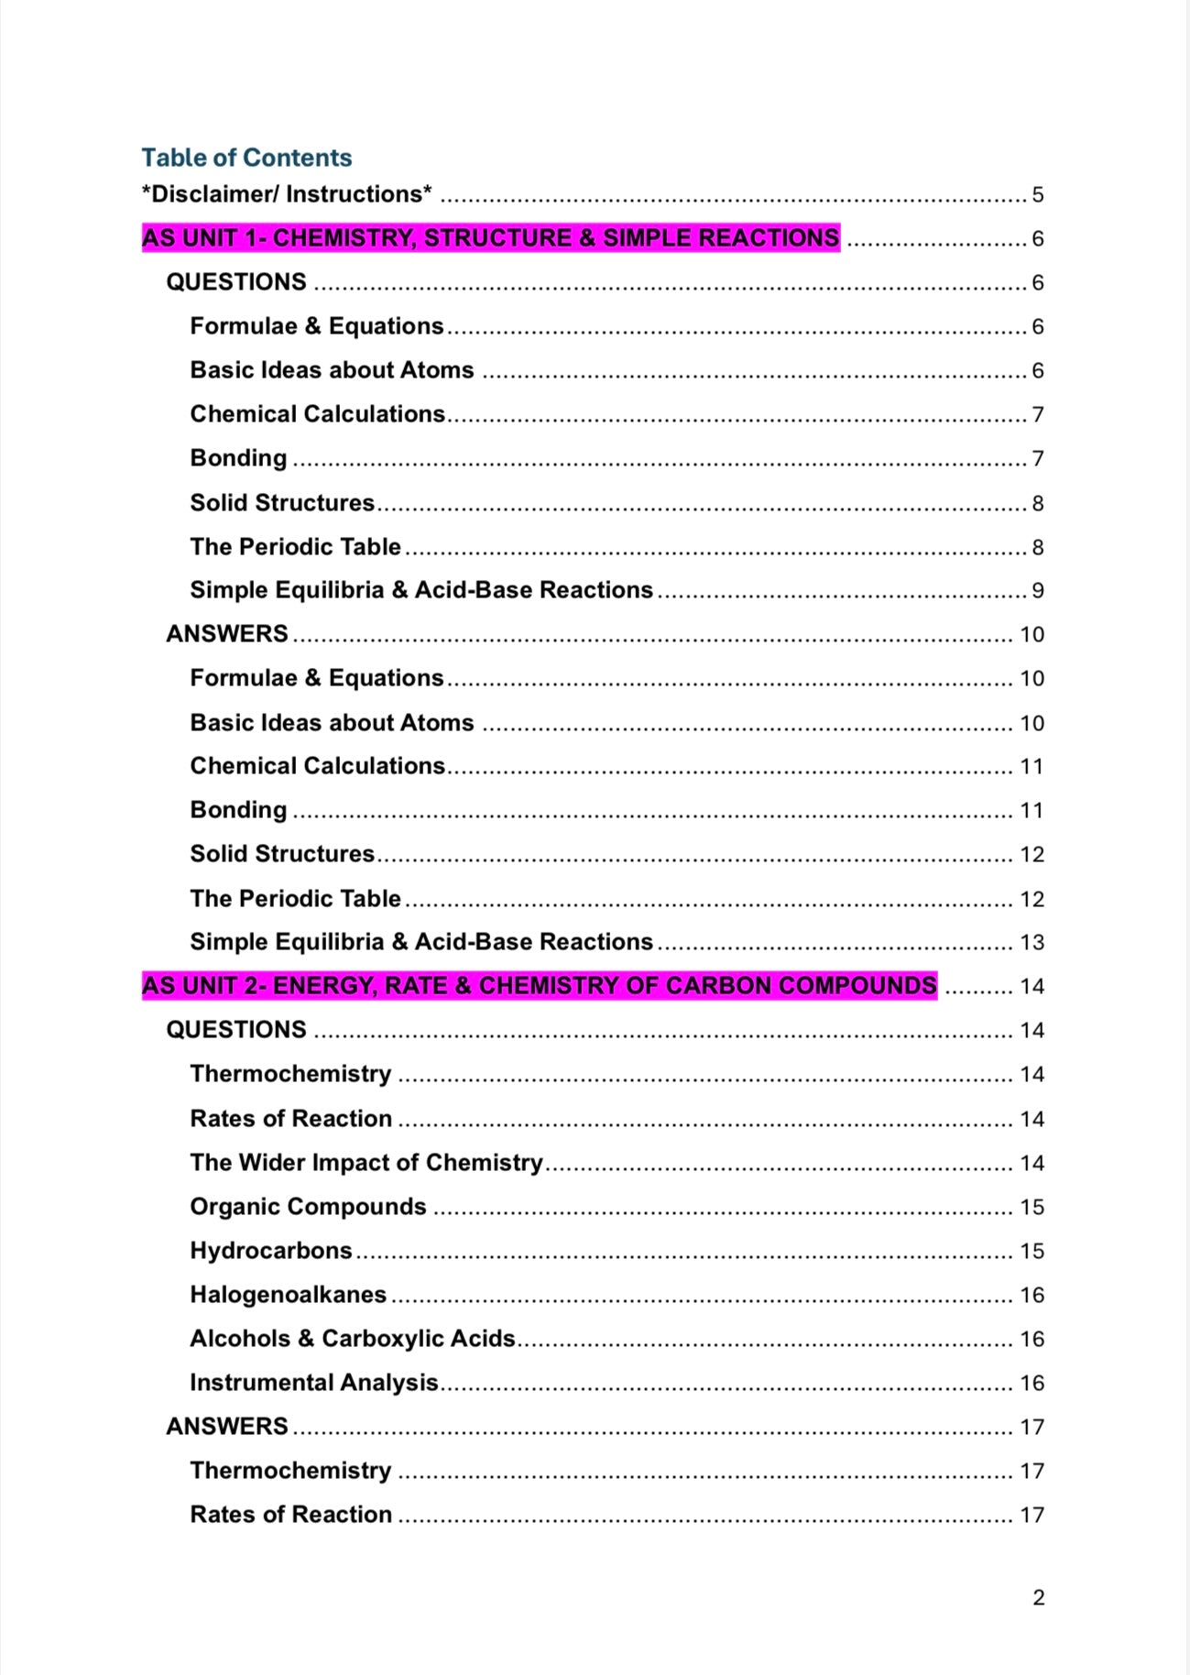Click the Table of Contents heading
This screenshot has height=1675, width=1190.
[x=246, y=158]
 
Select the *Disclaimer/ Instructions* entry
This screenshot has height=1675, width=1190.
[x=287, y=194]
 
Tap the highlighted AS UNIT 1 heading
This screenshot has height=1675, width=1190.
[x=490, y=238]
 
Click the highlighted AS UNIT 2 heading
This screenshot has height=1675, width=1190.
[x=539, y=986]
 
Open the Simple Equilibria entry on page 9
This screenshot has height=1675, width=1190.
[x=421, y=590]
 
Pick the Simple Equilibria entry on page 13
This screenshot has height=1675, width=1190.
[x=421, y=942]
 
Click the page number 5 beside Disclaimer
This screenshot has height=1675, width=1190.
[x=1037, y=195]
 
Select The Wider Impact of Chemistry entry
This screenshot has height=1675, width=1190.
[x=366, y=1163]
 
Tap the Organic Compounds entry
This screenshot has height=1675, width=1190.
[x=308, y=1207]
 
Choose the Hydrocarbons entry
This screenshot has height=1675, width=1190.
[x=271, y=1251]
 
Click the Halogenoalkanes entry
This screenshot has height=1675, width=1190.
[x=289, y=1295]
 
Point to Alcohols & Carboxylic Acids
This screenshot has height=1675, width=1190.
[x=353, y=1339]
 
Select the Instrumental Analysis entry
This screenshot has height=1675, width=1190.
[x=314, y=1383]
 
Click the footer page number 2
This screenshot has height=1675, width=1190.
[x=1038, y=1598]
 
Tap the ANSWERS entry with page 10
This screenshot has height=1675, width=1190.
[x=227, y=634]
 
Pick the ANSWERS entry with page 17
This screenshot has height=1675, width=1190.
[x=227, y=1427]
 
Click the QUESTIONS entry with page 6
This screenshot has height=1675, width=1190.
[x=236, y=282]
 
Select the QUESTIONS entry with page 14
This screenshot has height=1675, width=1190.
[x=236, y=1030]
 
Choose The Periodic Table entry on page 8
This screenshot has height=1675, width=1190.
[x=295, y=547]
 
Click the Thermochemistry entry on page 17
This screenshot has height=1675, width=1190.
[x=290, y=1471]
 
